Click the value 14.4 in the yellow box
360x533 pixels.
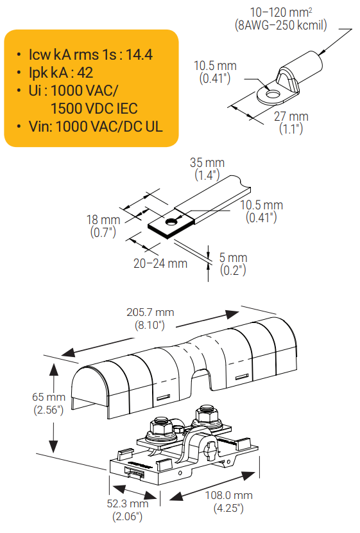tap(139, 55)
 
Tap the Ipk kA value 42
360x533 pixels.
tap(85, 73)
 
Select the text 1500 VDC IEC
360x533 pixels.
tap(94, 109)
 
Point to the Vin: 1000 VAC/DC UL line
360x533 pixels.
tap(96, 127)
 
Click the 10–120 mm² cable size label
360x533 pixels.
tap(281, 12)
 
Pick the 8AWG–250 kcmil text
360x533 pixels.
tap(281, 25)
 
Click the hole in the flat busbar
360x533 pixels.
tap(172, 222)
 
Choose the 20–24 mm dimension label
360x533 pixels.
tap(160, 263)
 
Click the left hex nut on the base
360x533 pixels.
tap(161, 426)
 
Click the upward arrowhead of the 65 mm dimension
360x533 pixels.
tap(53, 369)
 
